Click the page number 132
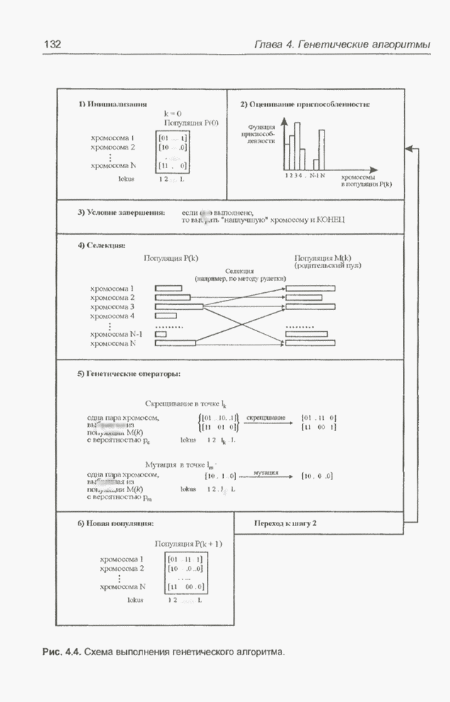pyautogui.click(x=53, y=45)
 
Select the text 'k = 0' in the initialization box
pyautogui.click(x=173, y=113)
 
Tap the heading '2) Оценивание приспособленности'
pyautogui.click(x=305, y=104)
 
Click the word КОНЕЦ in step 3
pyautogui.click(x=330, y=221)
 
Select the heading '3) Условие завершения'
pyautogui.click(x=121, y=212)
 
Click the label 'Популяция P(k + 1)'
pyautogui.click(x=189, y=544)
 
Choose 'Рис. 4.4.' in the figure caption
pyautogui.click(x=62, y=650)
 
